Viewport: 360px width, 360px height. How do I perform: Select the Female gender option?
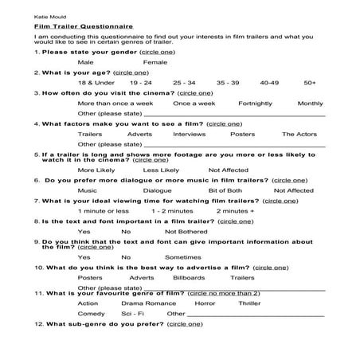click(155, 61)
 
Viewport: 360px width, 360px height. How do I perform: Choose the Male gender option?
click(86, 61)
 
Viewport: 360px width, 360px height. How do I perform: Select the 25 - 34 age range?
click(183, 82)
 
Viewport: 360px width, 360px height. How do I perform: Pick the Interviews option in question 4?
click(189, 134)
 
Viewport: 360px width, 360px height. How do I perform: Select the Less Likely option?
click(160, 170)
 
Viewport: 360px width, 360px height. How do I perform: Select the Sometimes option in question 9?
click(182, 256)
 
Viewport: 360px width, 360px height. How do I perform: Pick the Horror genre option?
click(205, 303)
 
